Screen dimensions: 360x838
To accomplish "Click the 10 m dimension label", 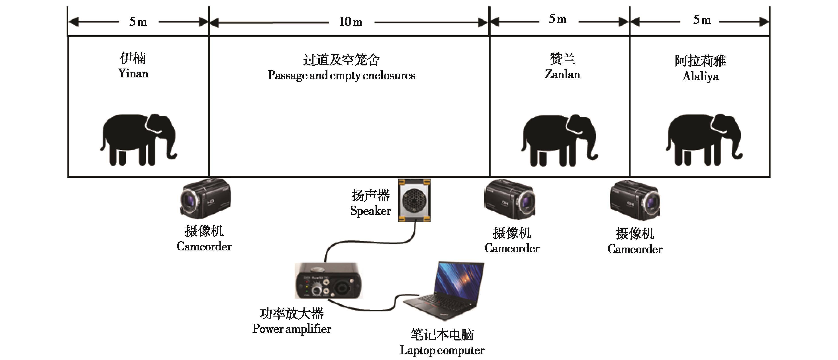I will pos(350,22).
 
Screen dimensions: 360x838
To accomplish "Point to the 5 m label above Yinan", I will pos(138,22).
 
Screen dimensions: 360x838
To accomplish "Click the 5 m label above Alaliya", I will pos(701,20).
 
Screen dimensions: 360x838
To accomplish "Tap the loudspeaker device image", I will pos(414,200).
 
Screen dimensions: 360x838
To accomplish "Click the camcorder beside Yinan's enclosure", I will pos(205,198).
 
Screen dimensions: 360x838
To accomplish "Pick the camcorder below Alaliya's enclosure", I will pos(635,200).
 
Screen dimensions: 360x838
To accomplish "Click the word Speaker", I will pos(370,211).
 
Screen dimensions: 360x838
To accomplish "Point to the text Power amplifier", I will pos(292,329).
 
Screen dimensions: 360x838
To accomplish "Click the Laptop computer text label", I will pos(442,350).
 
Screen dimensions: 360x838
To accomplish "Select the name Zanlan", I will pos(562,74).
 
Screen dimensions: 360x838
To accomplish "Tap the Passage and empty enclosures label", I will pos(341,75).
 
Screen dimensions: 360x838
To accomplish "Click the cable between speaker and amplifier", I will pos(368,242).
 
